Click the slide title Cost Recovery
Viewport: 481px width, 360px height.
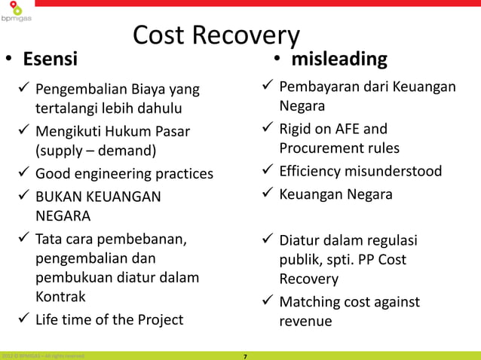[216, 35]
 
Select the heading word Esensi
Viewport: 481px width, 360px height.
[49, 59]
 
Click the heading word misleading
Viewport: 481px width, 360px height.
[340, 59]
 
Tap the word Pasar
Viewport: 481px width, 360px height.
[169, 133]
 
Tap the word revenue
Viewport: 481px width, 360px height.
[305, 322]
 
